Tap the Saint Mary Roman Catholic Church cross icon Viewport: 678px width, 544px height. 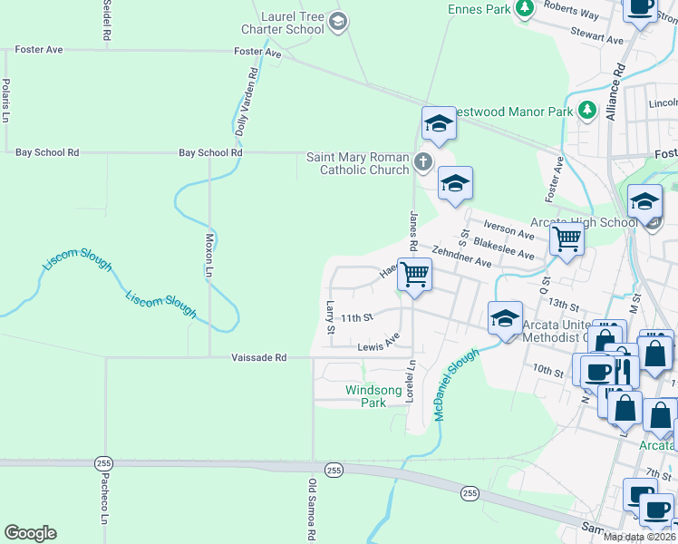point(422,163)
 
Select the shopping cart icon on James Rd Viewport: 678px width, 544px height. point(415,273)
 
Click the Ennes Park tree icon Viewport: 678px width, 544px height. point(524,8)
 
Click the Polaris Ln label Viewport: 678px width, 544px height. point(5,101)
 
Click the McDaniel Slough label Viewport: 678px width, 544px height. point(455,384)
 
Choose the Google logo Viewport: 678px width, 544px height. point(30,533)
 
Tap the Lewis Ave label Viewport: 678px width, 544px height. point(378,344)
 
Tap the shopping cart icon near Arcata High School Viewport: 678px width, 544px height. point(567,239)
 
